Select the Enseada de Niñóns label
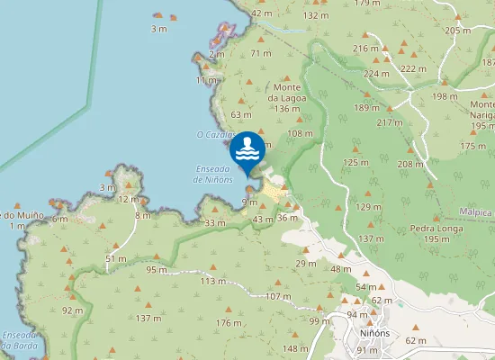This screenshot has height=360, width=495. coord(214,174)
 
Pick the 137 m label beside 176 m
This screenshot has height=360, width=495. coord(148,318)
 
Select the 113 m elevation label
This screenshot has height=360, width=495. coord(213,281)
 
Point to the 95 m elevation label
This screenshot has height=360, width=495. coord(156,269)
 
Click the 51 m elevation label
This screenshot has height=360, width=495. coord(116,258)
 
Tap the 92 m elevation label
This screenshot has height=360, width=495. coord(73,310)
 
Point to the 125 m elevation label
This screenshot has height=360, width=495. coord(356,162)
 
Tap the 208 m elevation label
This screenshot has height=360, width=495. coord(409,164)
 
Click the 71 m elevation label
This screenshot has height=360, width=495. coord(260,54)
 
